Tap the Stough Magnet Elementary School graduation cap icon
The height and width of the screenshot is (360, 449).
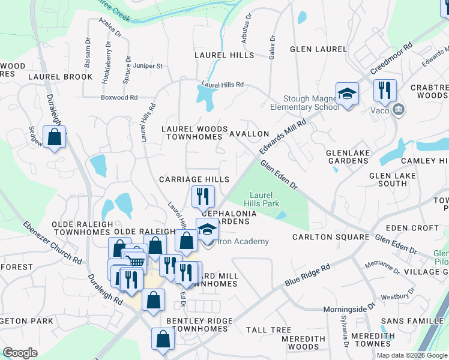point(347,95)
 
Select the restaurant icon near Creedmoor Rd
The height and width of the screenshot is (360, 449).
point(384,91)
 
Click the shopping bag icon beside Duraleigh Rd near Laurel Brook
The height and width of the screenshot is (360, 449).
point(54,137)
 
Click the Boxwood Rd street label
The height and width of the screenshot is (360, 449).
point(119,97)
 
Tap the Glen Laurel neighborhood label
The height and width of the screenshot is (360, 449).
point(318,49)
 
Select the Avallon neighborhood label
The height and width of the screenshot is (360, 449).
point(249,134)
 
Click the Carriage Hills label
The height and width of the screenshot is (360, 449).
point(194,179)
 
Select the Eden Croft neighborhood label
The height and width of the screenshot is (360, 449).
point(412,228)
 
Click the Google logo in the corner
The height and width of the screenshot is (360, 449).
point(20,353)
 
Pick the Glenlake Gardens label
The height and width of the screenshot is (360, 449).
point(348,157)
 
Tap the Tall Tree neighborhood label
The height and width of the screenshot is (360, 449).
point(268,330)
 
